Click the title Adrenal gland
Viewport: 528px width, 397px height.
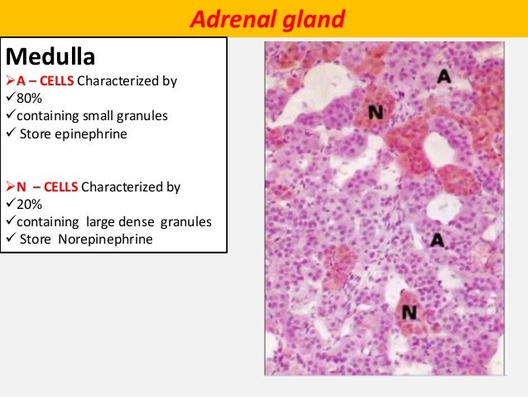[x=264, y=18]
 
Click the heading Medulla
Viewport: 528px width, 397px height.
[x=50, y=58]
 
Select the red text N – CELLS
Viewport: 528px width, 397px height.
[x=47, y=187]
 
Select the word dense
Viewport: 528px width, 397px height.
[x=142, y=222]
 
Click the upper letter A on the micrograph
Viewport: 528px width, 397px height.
[x=444, y=77]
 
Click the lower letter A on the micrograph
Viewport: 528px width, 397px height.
[x=438, y=240]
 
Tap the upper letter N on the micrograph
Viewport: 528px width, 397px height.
[x=375, y=112]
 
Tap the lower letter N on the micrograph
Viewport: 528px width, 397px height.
[x=408, y=312]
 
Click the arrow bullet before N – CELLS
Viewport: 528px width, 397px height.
[x=11, y=187]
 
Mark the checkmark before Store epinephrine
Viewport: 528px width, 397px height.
[x=11, y=133]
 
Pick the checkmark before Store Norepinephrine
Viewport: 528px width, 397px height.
[x=11, y=240]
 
